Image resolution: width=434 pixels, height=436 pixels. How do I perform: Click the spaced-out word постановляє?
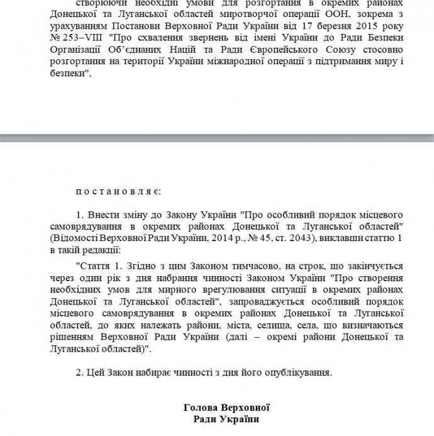click(118, 189)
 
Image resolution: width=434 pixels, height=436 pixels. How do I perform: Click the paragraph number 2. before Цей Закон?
click(79, 372)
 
